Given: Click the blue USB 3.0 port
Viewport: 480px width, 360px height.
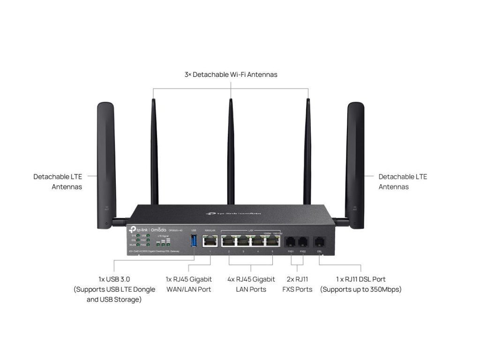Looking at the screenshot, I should (194, 241).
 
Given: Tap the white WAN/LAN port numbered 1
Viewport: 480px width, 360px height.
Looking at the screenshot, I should (210, 241).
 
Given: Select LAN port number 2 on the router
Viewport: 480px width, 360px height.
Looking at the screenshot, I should (229, 241).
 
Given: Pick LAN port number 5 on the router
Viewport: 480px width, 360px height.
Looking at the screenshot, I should (272, 241).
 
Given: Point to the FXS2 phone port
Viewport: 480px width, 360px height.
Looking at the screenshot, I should (303, 242).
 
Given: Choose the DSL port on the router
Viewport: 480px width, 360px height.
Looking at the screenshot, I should (320, 242).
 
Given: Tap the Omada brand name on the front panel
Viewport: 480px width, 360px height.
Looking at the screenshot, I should (159, 228).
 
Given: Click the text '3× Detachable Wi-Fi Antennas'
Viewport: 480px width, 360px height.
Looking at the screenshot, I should (231, 75).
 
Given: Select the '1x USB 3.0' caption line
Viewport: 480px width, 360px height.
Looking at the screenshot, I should (114, 279).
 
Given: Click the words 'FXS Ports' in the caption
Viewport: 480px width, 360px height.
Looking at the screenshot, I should (297, 290).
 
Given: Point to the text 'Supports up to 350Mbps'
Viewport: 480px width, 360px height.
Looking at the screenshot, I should (361, 290).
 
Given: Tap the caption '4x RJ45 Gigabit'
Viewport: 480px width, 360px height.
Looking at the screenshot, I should (251, 279).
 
